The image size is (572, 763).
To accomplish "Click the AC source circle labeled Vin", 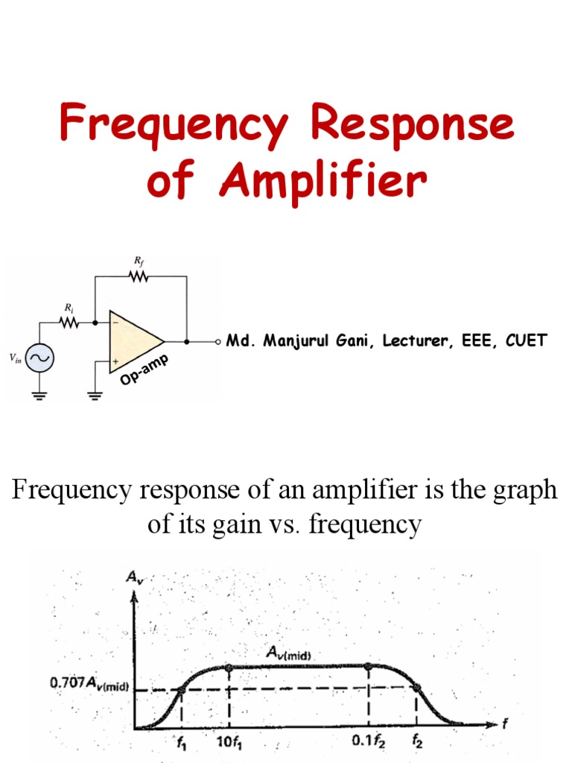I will pyautogui.click(x=39, y=359).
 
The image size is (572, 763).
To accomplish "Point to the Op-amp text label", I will pyautogui.click(x=144, y=371).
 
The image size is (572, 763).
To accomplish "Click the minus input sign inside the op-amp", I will pyautogui.click(x=116, y=323).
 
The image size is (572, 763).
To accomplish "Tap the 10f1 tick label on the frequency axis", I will pyautogui.click(x=227, y=743).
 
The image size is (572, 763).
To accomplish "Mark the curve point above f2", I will pyautogui.click(x=416, y=688).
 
